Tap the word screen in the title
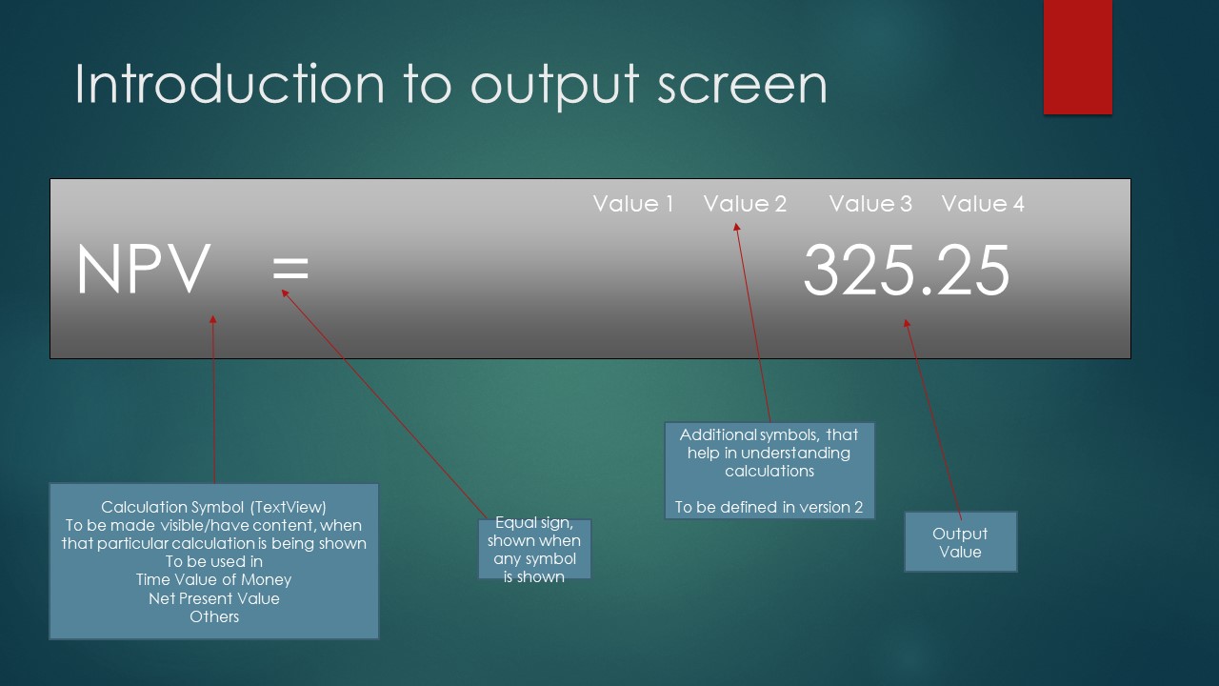(x=742, y=87)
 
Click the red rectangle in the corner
(x=1077, y=56)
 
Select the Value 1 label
(x=633, y=204)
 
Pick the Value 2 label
(x=745, y=204)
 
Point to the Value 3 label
(x=870, y=204)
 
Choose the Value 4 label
(x=983, y=204)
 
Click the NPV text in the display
(x=143, y=269)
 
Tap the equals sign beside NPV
(x=290, y=269)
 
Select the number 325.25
(x=906, y=270)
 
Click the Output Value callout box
(x=961, y=542)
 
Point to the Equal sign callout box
(x=534, y=549)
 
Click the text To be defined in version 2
(x=769, y=508)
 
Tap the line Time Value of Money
(x=214, y=580)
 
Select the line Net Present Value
(x=214, y=598)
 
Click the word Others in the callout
(x=214, y=616)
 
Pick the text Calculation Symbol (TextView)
(x=214, y=508)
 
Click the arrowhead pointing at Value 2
(x=736, y=227)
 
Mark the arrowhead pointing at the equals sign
(x=285, y=293)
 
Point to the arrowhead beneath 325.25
(x=907, y=323)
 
